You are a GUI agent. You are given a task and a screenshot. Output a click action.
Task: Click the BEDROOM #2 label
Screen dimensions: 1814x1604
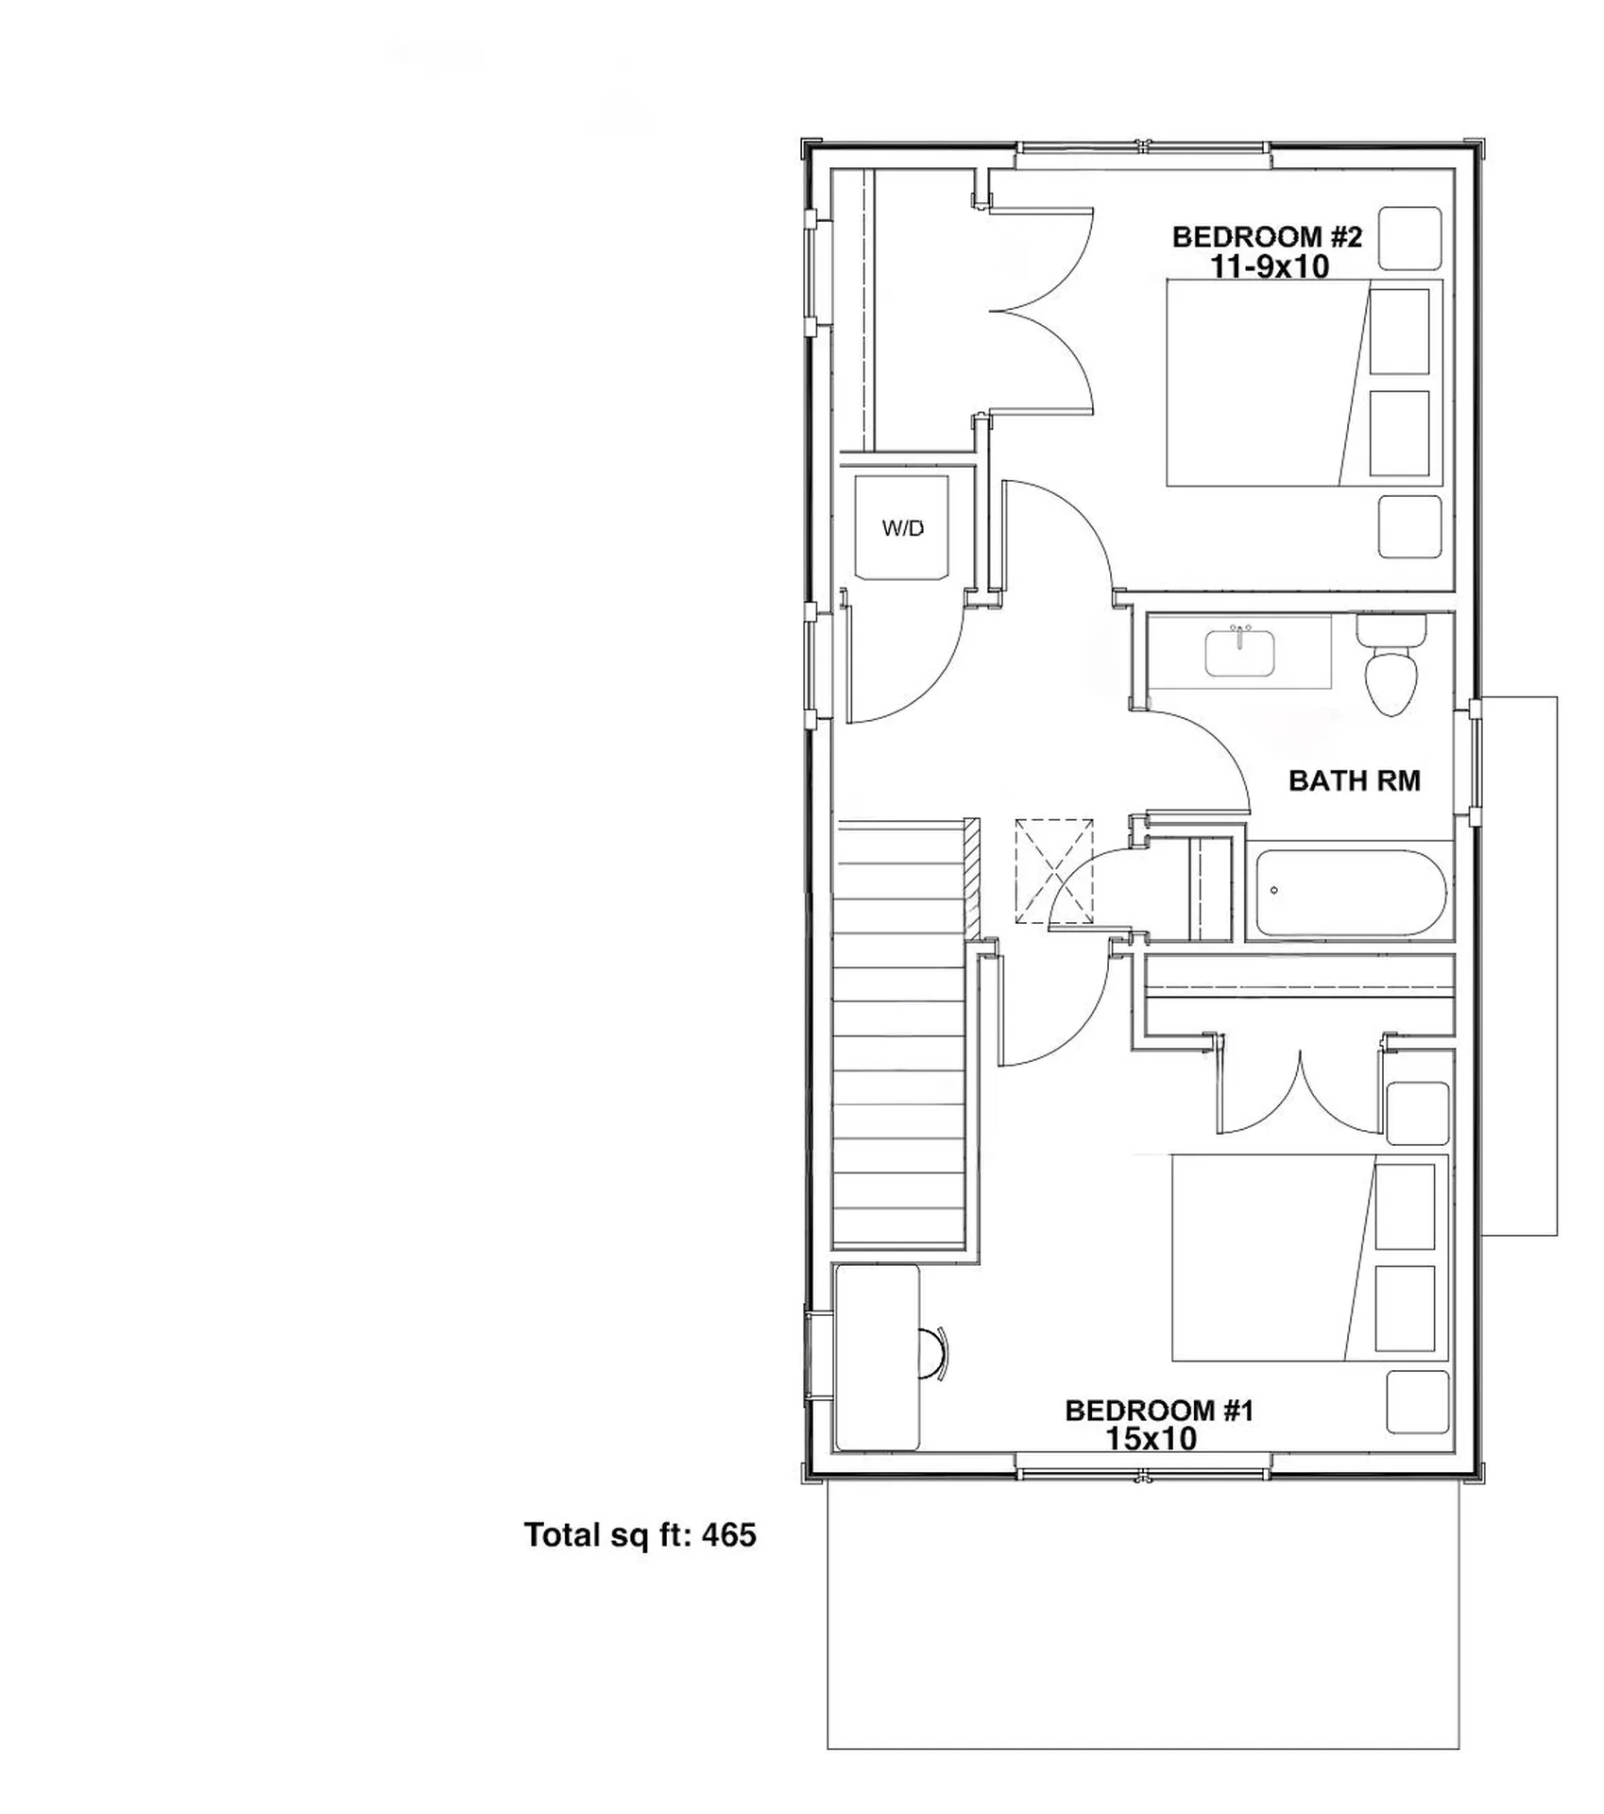pyautogui.click(x=1267, y=237)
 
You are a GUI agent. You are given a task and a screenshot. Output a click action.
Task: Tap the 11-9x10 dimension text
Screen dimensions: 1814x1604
pyautogui.click(x=1270, y=267)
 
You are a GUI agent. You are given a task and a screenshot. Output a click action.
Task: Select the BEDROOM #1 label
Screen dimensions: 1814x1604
pyautogui.click(x=1159, y=1411)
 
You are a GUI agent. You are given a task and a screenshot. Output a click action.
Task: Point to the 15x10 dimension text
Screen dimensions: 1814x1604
pyautogui.click(x=1151, y=1439)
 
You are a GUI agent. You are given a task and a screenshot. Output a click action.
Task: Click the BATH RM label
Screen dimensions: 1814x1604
pyautogui.click(x=1354, y=780)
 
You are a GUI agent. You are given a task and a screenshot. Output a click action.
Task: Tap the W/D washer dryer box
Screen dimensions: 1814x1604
pyautogui.click(x=902, y=528)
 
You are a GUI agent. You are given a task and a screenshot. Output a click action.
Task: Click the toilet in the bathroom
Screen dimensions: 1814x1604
pyautogui.click(x=1391, y=673)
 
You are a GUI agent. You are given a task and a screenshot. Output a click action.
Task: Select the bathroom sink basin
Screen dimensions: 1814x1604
pyautogui.click(x=1239, y=654)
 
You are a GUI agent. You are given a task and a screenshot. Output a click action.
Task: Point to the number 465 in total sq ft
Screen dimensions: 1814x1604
pyautogui.click(x=729, y=1535)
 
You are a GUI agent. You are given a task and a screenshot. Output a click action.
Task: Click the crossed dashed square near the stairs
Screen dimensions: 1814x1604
pyautogui.click(x=1053, y=870)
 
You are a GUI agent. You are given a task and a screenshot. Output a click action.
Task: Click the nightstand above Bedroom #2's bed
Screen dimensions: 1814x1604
pyautogui.click(x=1409, y=238)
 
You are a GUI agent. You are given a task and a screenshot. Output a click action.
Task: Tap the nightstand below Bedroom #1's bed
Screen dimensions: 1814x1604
pyautogui.click(x=1417, y=1402)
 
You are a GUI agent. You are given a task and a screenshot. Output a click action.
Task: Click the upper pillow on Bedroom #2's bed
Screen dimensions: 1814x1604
pyautogui.click(x=1399, y=331)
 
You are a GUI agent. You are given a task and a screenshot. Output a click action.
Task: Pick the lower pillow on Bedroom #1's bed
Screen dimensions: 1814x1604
pyautogui.click(x=1405, y=1309)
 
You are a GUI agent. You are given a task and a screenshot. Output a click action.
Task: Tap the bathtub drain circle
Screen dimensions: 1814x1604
pyautogui.click(x=1274, y=890)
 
